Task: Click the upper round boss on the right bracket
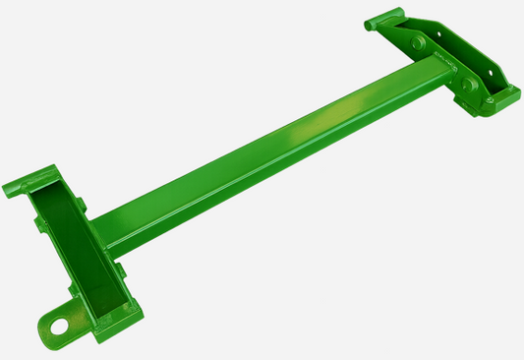pos(420,44)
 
